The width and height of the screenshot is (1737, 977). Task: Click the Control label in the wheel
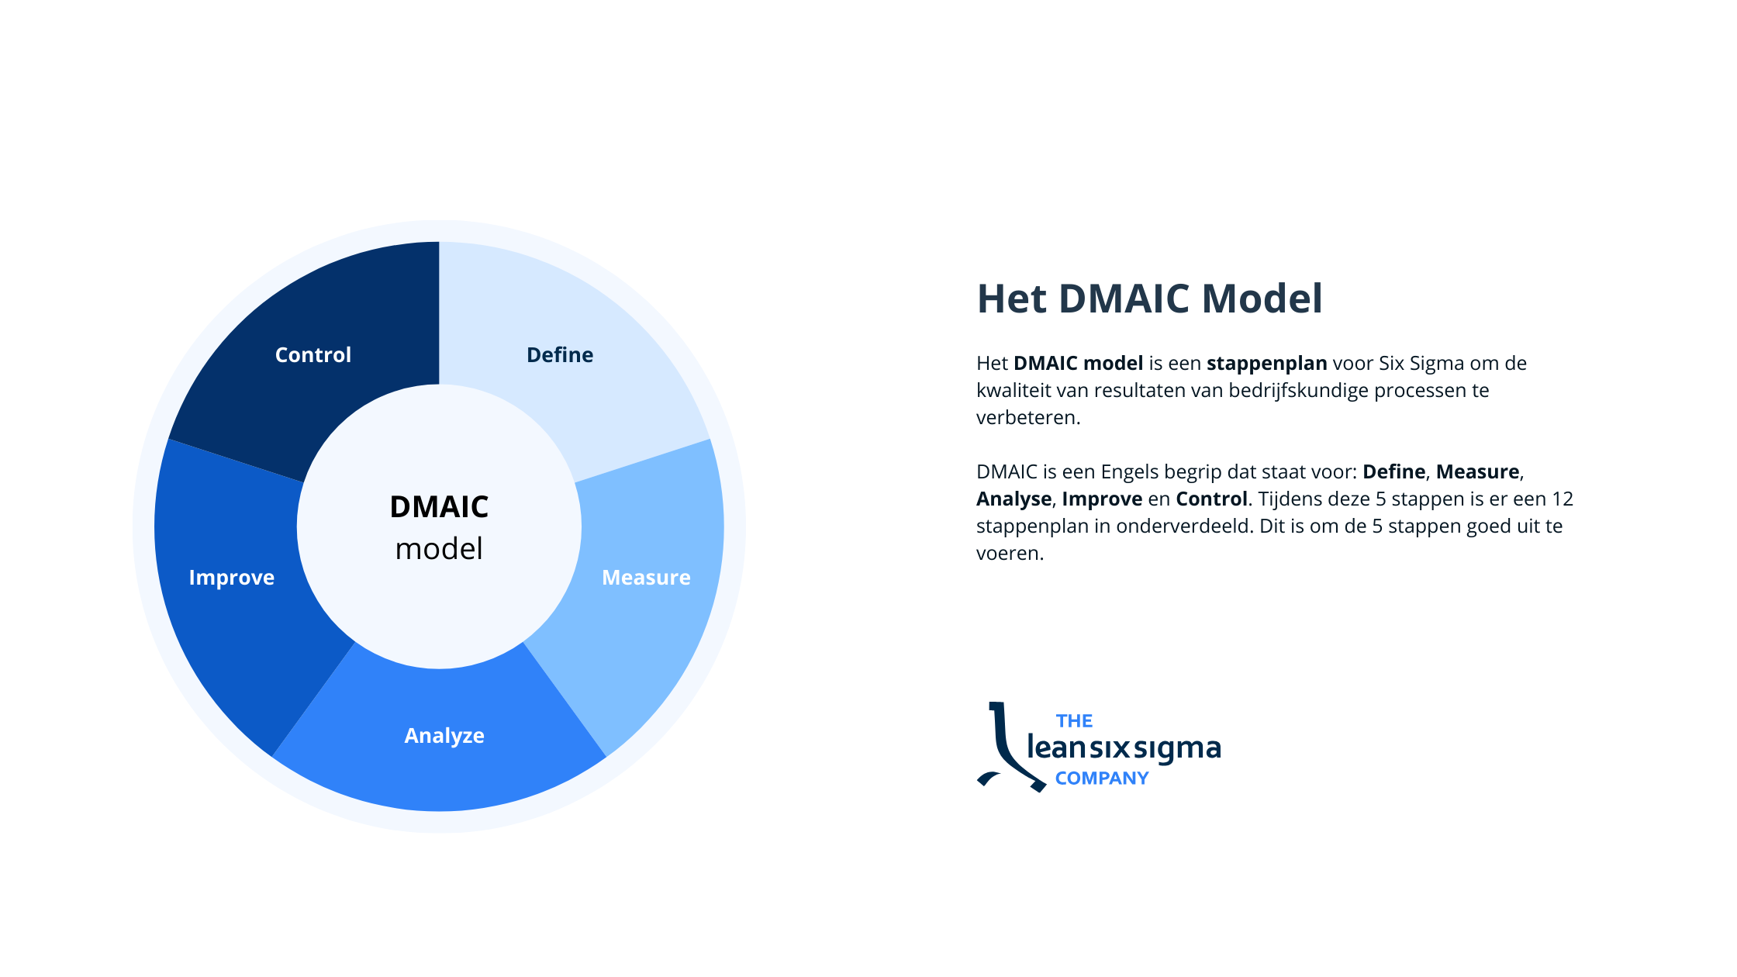(x=313, y=355)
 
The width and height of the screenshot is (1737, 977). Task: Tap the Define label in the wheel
(x=560, y=355)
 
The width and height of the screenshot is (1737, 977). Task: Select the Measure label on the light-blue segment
(x=646, y=578)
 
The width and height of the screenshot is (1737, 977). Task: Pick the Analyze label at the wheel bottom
(x=444, y=736)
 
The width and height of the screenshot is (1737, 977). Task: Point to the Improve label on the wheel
(x=232, y=578)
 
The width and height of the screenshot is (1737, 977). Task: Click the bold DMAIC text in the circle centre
(x=439, y=507)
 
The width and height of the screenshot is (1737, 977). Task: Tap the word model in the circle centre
(x=439, y=549)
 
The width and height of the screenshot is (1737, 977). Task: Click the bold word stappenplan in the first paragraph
(x=1267, y=364)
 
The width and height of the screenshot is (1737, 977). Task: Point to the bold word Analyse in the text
(x=1014, y=499)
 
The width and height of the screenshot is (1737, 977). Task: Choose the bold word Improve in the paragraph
(x=1102, y=499)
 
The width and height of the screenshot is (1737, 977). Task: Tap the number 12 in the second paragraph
(x=1563, y=499)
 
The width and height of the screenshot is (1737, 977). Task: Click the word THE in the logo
(x=1074, y=721)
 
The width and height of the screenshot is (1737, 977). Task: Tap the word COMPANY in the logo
(x=1102, y=778)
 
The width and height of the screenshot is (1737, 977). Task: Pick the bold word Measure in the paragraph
(x=1477, y=472)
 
